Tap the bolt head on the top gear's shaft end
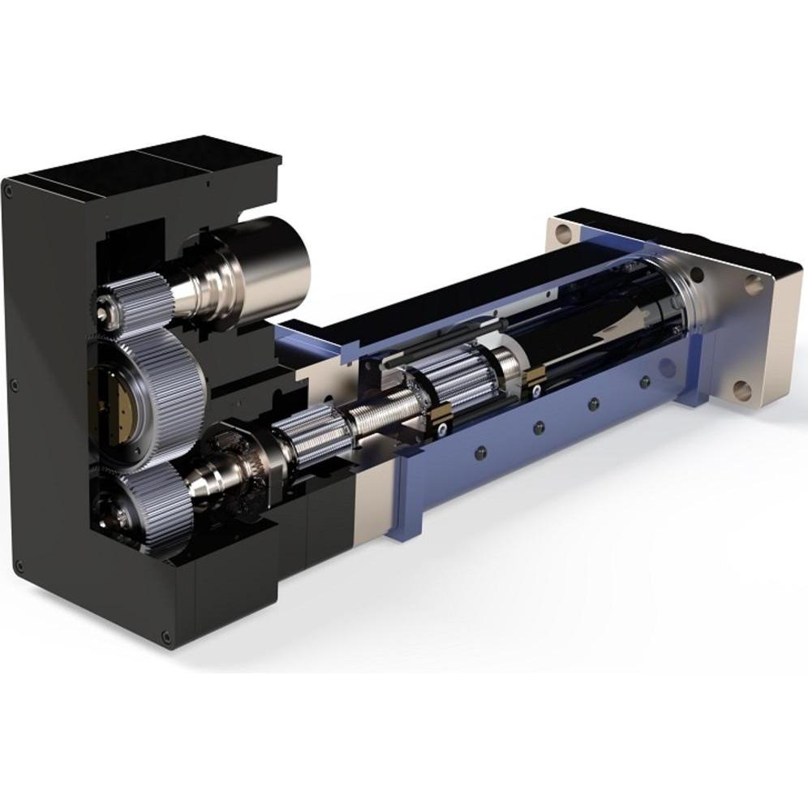click(x=103, y=308)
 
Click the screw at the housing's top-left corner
click(x=9, y=192)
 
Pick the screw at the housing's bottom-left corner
click(x=19, y=566)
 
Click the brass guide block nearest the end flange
click(x=535, y=375)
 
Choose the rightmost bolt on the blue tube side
click(x=645, y=381)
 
